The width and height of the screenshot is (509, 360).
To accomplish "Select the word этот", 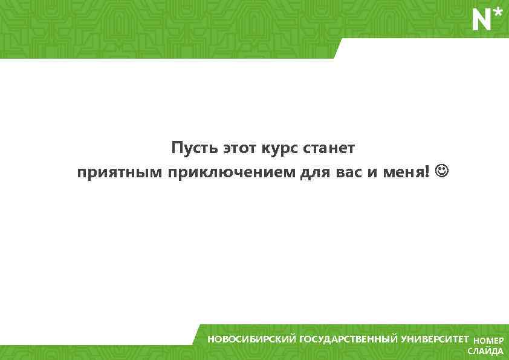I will click(240, 148).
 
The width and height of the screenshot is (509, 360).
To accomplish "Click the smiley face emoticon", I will click(443, 172).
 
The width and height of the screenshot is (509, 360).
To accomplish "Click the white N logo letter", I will click(481, 21).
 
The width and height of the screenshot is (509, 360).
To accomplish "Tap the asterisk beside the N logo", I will click(498, 13).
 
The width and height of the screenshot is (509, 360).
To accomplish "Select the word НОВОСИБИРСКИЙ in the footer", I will click(252, 339).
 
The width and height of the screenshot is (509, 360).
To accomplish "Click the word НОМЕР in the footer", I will click(488, 341).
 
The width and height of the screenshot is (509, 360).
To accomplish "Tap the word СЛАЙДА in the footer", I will click(485, 352).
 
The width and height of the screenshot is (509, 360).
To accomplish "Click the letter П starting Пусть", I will click(176, 148).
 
